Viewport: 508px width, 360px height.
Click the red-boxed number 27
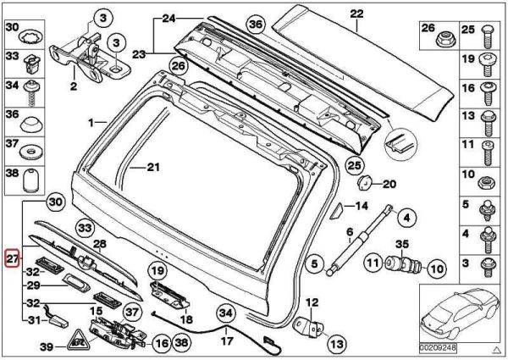click(x=11, y=258)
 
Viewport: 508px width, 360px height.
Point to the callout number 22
click(x=356, y=12)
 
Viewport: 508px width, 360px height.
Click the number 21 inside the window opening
click(x=152, y=167)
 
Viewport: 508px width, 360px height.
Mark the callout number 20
click(x=389, y=183)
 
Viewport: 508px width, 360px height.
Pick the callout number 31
click(x=33, y=319)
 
